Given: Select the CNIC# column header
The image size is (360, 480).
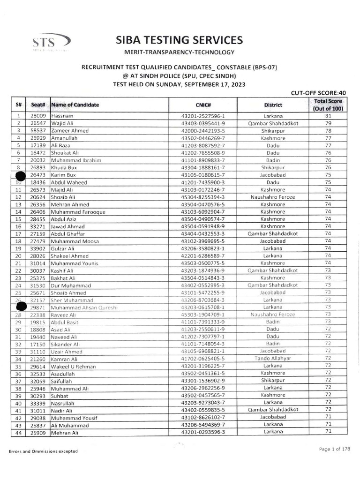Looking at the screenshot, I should pos(202,105).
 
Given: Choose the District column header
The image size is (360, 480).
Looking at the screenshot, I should pos(272,105).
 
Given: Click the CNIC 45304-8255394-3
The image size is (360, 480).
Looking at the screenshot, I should pos(202,197).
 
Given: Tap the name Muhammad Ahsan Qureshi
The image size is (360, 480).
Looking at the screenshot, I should pos(84,307).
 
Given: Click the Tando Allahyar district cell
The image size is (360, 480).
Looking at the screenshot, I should pos(272,359).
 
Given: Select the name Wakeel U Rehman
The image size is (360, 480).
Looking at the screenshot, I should pos(70,366).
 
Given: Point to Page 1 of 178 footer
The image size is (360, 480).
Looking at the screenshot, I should pos(334,449).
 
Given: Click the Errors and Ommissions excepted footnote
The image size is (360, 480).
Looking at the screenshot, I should pos(43,451).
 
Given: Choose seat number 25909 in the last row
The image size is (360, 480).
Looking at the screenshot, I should pos(38,432).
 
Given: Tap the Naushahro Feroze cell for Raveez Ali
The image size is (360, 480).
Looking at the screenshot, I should pos(272,315).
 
